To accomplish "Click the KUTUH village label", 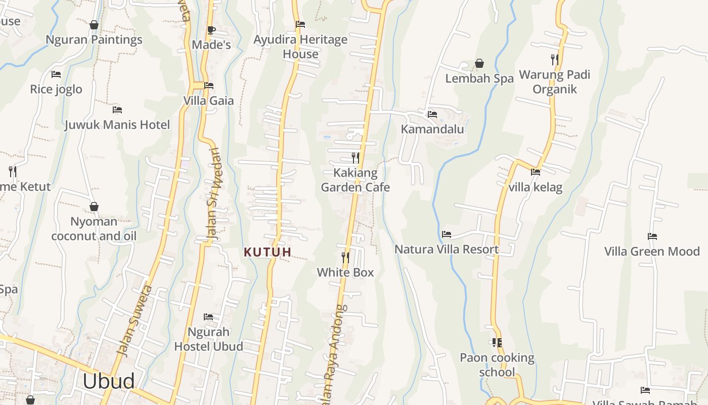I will click(x=268, y=252).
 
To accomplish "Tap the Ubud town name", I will click(x=109, y=381).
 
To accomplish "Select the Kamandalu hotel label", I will click(x=432, y=129).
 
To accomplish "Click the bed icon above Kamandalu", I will click(x=432, y=114).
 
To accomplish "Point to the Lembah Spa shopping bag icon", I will click(x=479, y=64).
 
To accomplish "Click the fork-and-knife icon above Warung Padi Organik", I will click(x=555, y=60).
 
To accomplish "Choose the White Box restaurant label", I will click(x=345, y=272).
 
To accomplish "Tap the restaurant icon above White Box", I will click(x=345, y=258).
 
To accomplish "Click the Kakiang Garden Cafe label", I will click(x=356, y=180).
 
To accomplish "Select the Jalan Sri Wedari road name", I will click(x=214, y=193).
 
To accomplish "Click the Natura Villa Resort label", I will click(x=447, y=249).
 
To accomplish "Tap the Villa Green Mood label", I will click(x=652, y=251).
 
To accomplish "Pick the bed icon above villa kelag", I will click(x=536, y=172).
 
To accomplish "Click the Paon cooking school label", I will click(x=497, y=365).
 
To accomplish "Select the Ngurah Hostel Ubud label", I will click(x=208, y=339).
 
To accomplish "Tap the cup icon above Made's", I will click(x=211, y=30).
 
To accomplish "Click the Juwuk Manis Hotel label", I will click(x=117, y=125).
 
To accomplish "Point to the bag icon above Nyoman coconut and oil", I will click(x=94, y=207).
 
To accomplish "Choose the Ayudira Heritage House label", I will click(x=300, y=47).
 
